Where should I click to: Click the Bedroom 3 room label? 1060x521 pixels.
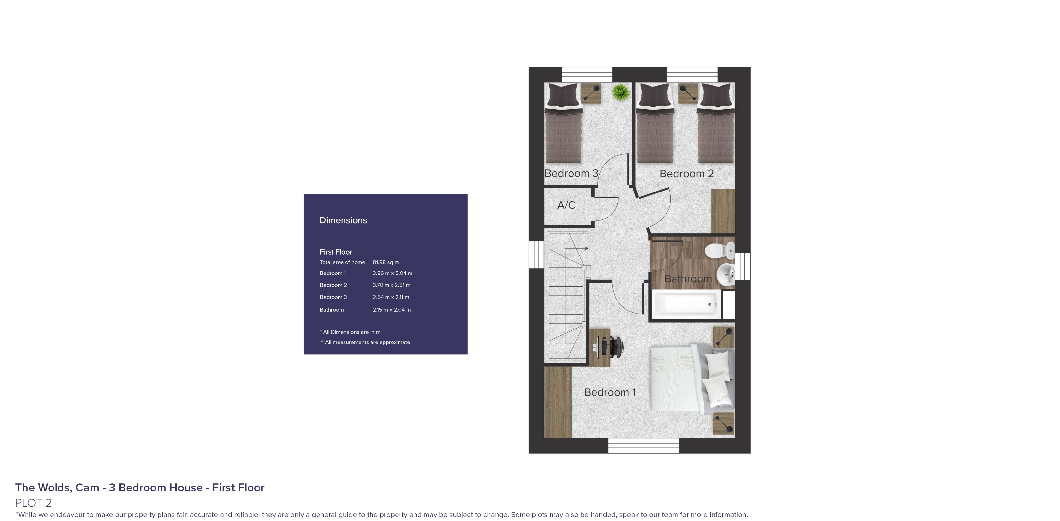(571, 173)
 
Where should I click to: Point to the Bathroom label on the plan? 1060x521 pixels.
(688, 279)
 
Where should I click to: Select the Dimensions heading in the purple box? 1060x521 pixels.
(343, 220)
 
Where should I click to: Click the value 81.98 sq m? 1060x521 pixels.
(385, 262)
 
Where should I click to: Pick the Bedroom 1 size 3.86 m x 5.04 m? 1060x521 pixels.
(392, 273)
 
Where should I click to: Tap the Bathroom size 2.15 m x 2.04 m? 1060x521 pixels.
(391, 310)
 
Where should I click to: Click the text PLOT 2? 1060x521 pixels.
(33, 503)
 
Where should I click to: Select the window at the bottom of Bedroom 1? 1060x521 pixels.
(643, 446)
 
